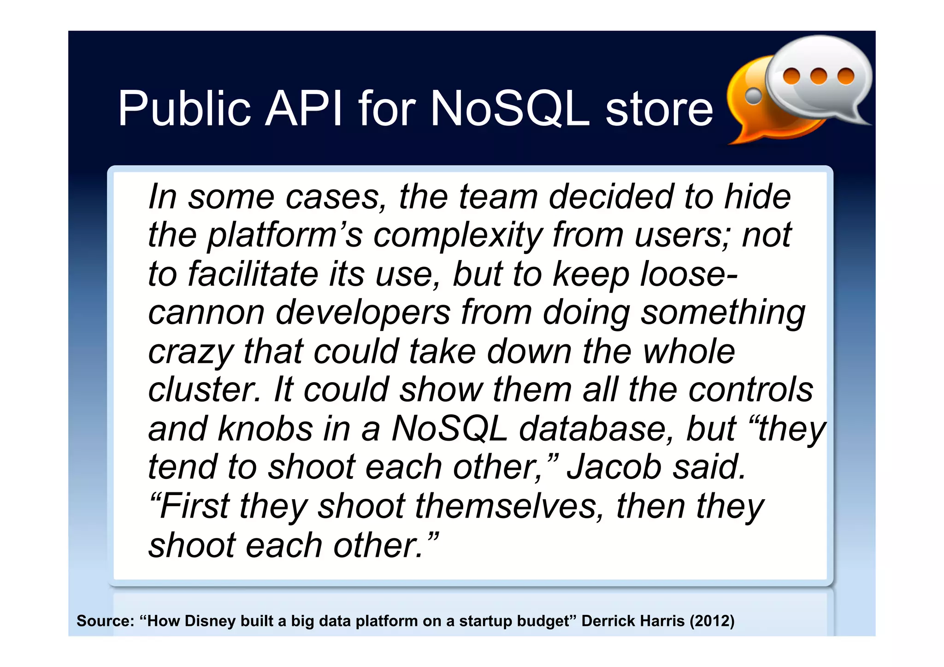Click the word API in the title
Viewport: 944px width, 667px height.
304,108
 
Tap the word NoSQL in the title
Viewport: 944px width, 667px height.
510,108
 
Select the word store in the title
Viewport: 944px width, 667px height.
659,109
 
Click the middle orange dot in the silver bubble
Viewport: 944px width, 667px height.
818,76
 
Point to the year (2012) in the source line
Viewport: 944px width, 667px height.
712,621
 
